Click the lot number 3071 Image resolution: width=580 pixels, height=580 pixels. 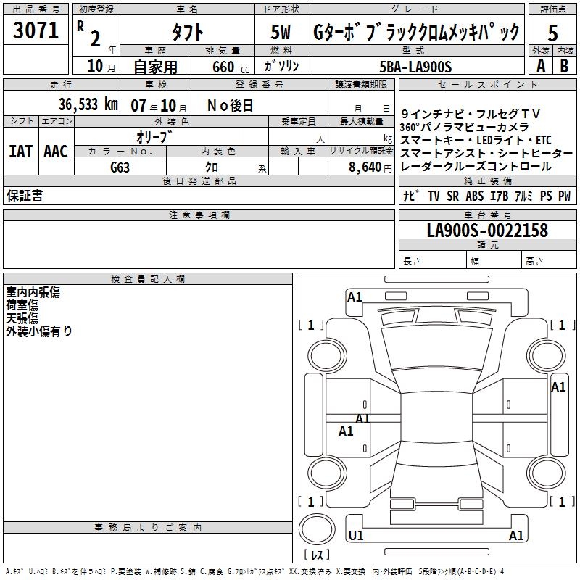[x=36, y=30]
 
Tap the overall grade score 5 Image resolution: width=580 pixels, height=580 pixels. [x=552, y=33]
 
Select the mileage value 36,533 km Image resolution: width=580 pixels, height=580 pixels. [x=88, y=104]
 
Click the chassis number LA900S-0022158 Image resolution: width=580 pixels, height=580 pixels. [x=487, y=231]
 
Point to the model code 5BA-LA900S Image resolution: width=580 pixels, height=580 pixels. [x=415, y=67]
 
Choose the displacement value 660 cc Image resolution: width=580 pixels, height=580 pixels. [x=231, y=67]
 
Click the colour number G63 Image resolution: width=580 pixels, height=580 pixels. [x=120, y=167]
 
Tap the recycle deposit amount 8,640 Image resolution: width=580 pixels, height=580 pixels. [x=365, y=167]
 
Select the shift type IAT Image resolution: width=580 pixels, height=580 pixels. [x=21, y=152]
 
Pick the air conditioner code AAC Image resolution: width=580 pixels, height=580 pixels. [x=56, y=152]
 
